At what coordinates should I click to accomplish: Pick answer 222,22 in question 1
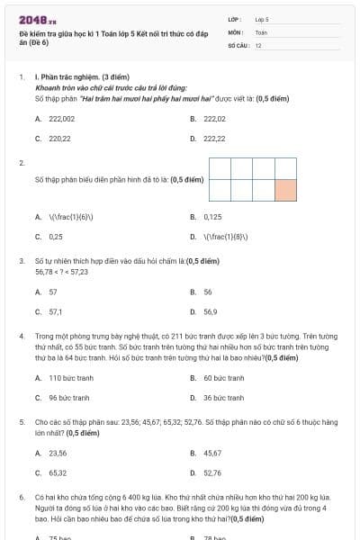[214, 139]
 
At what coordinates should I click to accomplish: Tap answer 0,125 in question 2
[212, 217]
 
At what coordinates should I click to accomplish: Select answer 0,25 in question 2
[56, 237]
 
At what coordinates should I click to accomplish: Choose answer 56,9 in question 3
[210, 311]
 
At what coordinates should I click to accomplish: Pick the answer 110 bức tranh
[67, 378]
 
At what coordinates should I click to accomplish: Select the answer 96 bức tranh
[68, 398]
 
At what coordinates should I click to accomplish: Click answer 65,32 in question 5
[58, 472]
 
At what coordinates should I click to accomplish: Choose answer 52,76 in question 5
[212, 472]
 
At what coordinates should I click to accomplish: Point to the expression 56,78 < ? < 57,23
[61, 271]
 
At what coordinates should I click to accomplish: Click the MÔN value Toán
[260, 31]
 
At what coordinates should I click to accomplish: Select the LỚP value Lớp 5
[262, 18]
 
